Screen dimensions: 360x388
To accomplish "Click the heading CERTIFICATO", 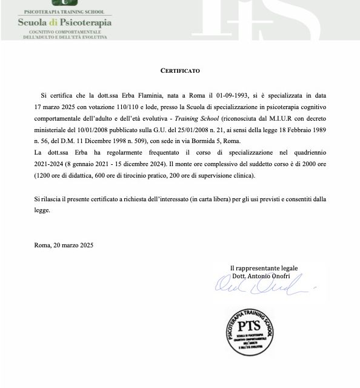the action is click(x=180, y=70).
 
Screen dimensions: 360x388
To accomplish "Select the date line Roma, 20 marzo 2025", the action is click(x=64, y=245).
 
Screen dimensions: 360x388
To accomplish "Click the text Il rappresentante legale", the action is click(x=264, y=268).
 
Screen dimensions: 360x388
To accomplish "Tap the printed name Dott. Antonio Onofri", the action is click(x=264, y=276).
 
